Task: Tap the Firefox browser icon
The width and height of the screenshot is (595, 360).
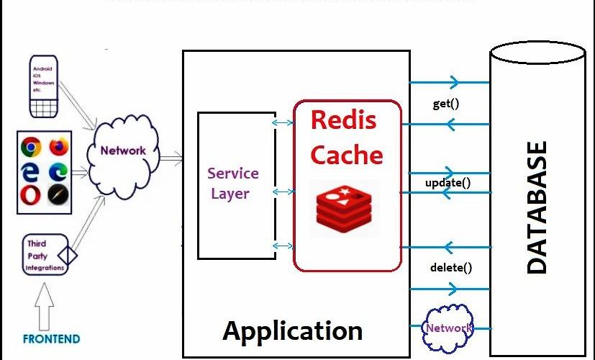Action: pos(59,148)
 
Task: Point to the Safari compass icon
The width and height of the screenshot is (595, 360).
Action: pos(59,194)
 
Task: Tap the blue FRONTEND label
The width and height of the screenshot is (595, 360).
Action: pos(51,338)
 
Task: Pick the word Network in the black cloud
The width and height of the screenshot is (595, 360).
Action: pos(122,150)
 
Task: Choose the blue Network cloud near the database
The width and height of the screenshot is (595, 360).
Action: pos(448,328)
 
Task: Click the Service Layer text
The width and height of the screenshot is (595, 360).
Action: pos(232,183)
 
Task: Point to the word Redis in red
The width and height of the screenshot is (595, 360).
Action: pos(343,120)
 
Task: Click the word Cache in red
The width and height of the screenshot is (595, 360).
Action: pos(346,155)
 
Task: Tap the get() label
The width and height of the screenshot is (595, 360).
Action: pos(446,104)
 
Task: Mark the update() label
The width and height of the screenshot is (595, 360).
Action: pos(448,182)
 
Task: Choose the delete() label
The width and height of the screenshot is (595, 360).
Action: pos(451,268)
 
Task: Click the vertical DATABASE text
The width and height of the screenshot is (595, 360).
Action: pos(536,207)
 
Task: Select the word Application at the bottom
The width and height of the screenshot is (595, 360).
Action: pos(292,331)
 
